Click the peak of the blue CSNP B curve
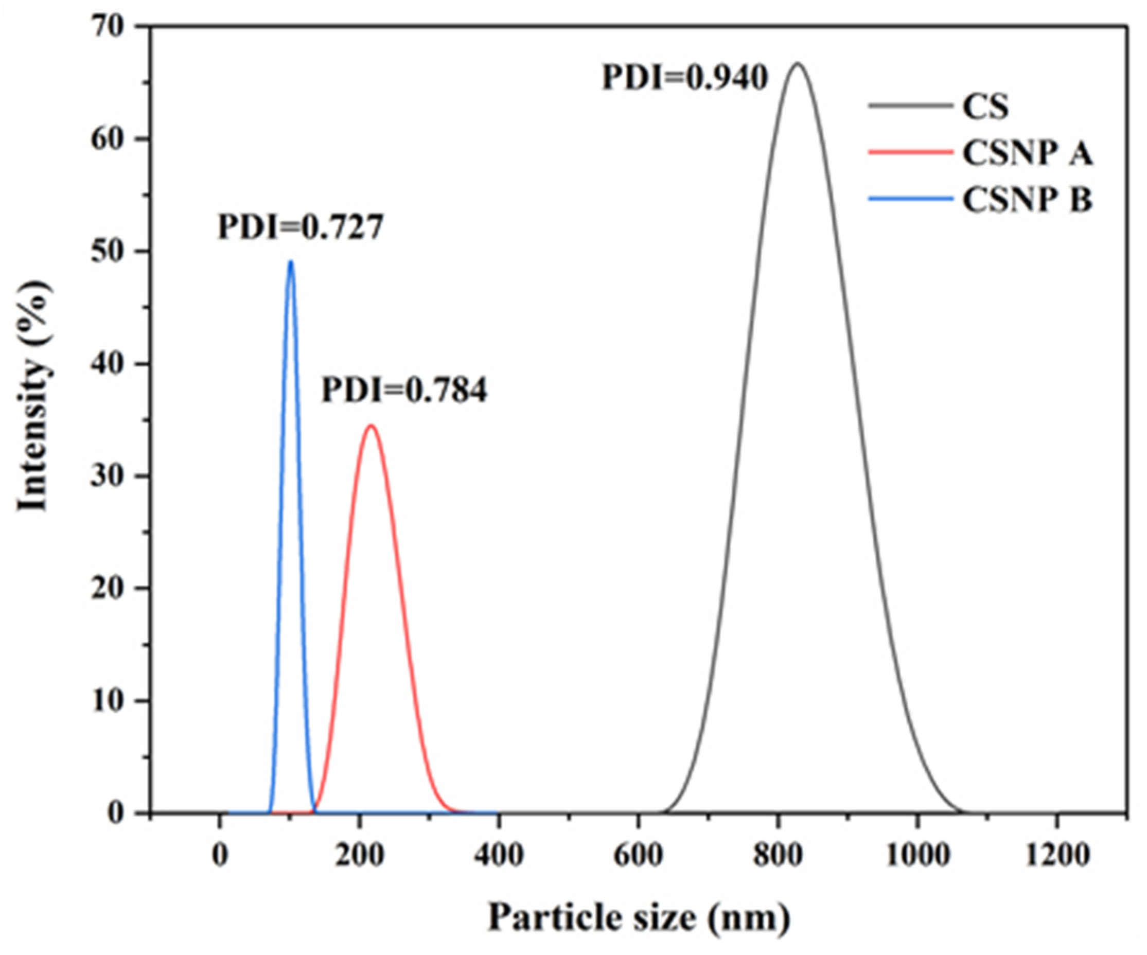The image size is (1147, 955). [x=291, y=262]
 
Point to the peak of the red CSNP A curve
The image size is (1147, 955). [x=372, y=426]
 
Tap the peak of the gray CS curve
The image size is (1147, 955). [x=798, y=64]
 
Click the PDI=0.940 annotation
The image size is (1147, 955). [x=685, y=78]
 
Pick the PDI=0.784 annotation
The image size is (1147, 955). [x=403, y=391]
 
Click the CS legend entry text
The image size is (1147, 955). [x=985, y=107]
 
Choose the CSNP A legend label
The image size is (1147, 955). [x=1027, y=153]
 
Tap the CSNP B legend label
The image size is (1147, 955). [x=1027, y=200]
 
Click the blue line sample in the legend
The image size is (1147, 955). [x=910, y=199]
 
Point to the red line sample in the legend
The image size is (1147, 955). [x=910, y=152]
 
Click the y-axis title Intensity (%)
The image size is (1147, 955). [x=35, y=396]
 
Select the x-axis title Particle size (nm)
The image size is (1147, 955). [x=639, y=917]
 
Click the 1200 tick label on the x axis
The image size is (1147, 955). [x=1056, y=855]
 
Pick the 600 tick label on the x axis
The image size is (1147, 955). [x=638, y=855]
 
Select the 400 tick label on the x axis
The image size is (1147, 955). [x=498, y=855]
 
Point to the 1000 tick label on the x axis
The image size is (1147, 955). [x=917, y=855]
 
